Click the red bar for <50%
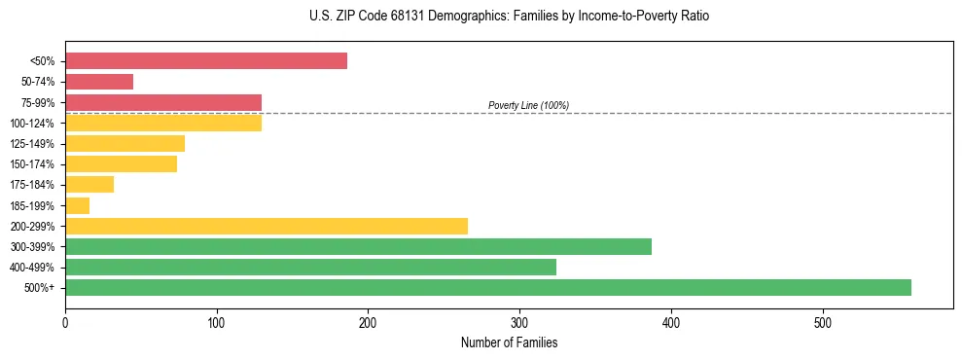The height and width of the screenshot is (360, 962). [206, 61]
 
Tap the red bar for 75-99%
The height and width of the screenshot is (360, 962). [163, 102]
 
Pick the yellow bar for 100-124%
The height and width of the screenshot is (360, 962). [163, 123]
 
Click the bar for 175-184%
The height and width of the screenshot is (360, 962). [89, 184]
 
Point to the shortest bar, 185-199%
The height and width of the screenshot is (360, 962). [78, 205]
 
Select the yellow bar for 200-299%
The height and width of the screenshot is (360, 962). [267, 226]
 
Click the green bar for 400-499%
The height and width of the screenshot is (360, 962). [310, 267]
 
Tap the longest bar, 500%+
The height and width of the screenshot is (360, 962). [488, 287]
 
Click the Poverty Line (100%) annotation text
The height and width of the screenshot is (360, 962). [528, 105]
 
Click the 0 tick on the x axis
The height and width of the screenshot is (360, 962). [65, 322]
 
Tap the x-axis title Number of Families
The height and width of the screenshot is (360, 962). [509, 342]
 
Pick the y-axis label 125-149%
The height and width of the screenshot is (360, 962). [32, 144]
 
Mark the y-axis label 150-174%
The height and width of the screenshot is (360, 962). [32, 164]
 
